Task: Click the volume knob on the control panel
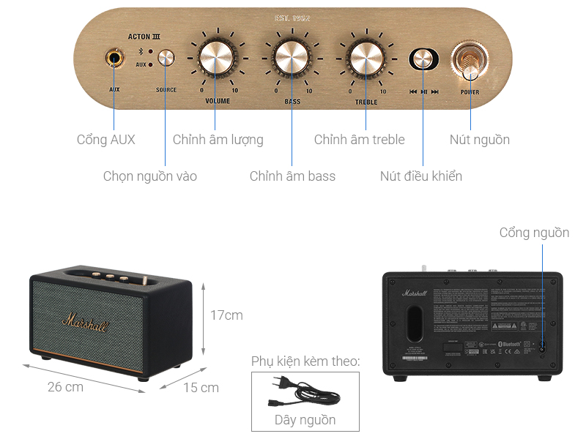point(215,58)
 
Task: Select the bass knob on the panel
point(291,58)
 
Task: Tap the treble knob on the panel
point(366,58)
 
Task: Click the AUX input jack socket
point(114,58)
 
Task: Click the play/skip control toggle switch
point(423,60)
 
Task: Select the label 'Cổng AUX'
point(106,140)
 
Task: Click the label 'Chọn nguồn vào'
point(149,176)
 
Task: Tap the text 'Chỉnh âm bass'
point(292,176)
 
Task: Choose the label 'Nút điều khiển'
point(421,176)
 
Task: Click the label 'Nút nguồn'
point(479,140)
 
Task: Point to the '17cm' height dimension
point(226,315)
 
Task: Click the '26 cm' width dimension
point(66,387)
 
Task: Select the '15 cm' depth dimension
point(201,388)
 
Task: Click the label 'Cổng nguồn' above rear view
point(534,233)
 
